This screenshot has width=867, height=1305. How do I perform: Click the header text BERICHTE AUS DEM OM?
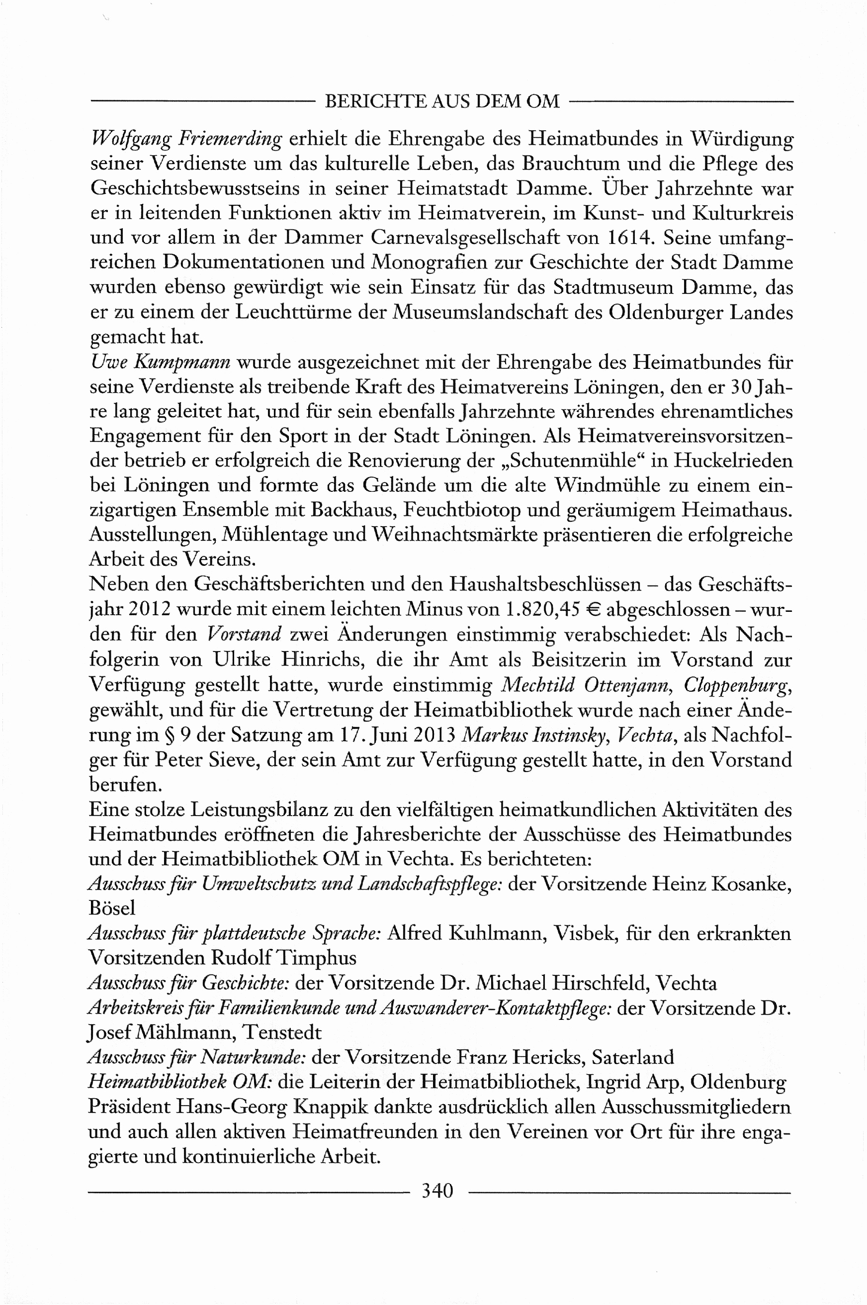[442, 101]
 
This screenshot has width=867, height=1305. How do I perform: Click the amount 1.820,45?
[542, 609]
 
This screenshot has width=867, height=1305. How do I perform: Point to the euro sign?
[593, 609]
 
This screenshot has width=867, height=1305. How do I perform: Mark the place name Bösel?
[112, 908]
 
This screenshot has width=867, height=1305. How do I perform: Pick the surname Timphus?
[316, 957]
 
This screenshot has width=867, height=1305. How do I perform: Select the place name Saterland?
[632, 1057]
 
